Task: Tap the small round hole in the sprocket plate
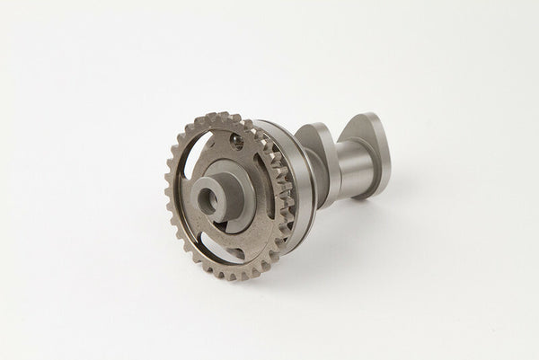237,140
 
